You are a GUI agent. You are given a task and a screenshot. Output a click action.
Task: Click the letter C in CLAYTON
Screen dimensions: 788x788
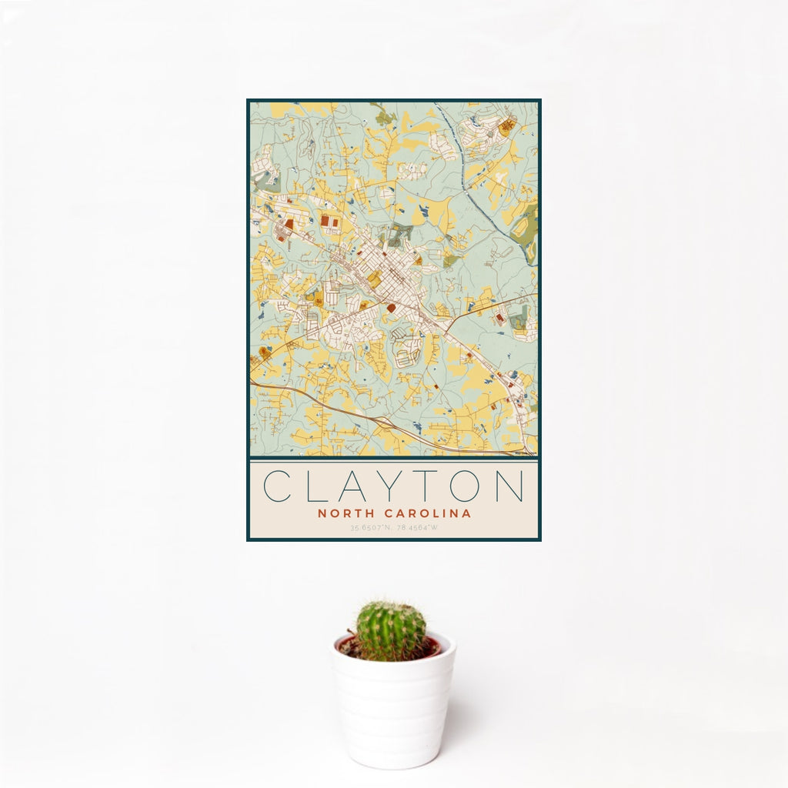coord(277,486)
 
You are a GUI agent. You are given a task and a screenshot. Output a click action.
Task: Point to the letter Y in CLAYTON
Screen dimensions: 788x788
coord(393,486)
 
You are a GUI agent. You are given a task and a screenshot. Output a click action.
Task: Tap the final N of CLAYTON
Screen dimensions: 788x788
coord(511,486)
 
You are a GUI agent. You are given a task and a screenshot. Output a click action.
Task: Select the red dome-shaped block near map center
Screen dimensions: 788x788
coord(391,308)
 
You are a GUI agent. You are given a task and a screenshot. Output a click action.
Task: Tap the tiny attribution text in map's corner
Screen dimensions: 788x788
coord(526,453)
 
